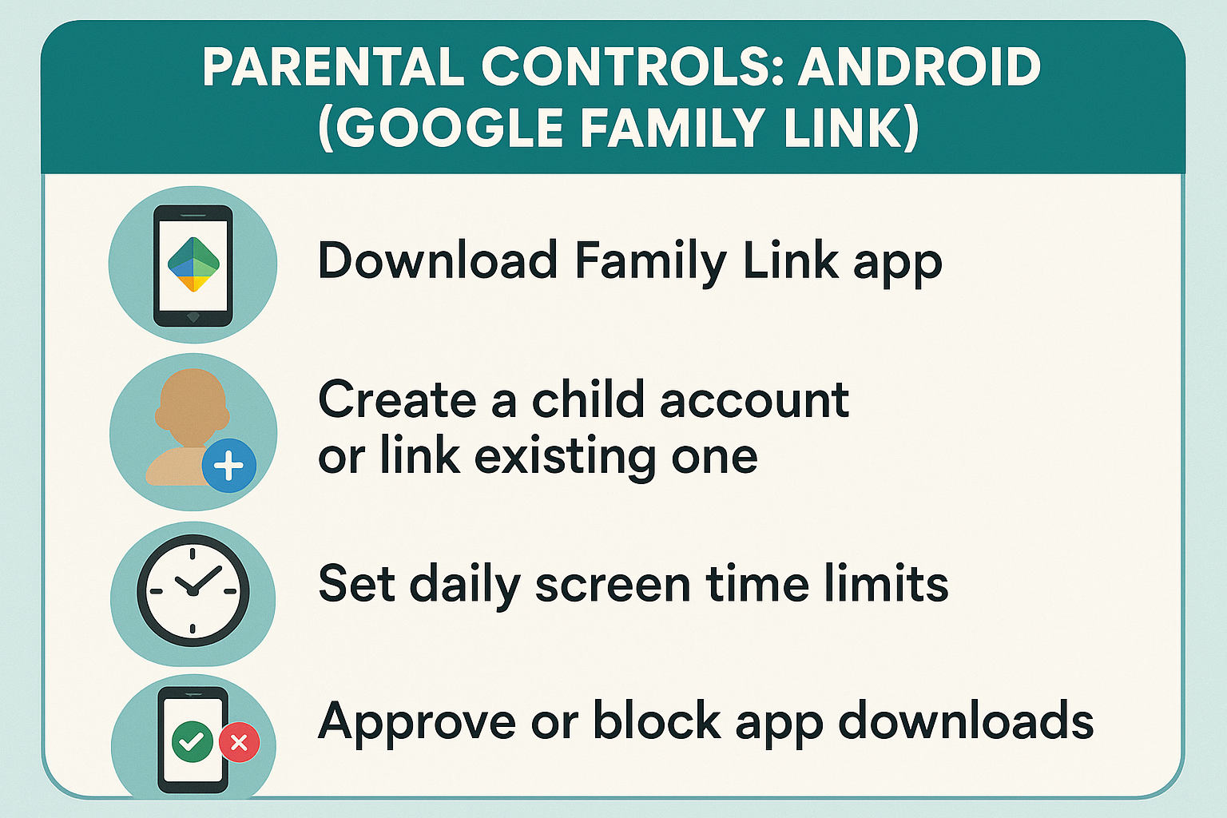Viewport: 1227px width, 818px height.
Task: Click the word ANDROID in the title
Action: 918,67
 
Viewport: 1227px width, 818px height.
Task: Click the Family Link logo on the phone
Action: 193,264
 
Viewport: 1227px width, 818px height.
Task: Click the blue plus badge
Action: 229,465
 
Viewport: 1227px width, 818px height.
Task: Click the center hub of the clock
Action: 193,591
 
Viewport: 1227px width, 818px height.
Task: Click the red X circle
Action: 240,742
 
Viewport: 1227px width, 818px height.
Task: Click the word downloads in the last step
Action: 966,719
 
